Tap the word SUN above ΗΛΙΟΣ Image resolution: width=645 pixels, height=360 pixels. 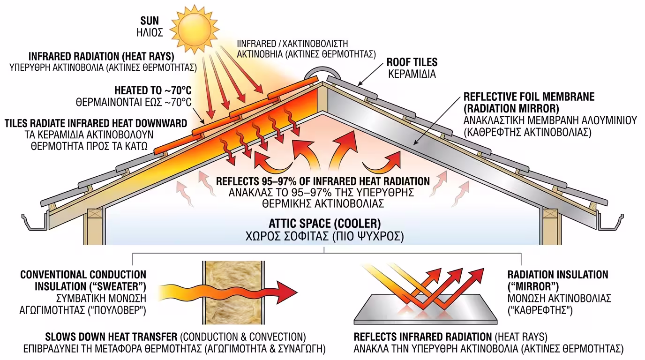tap(150, 21)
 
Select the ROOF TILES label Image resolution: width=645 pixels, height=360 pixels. tap(412, 62)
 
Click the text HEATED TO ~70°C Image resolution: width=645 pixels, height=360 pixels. tap(153, 90)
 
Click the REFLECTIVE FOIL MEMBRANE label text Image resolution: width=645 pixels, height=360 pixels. tap(529, 97)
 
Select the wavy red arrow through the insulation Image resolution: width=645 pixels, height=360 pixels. tap(230, 292)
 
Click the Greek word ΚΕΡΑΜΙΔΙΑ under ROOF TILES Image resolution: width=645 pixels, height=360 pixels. tap(412, 74)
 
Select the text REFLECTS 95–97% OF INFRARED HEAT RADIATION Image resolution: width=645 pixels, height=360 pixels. tap(323, 181)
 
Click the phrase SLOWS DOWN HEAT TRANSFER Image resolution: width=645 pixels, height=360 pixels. tap(111, 337)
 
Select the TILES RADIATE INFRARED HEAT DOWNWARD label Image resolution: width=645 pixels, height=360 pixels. tap(96, 123)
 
